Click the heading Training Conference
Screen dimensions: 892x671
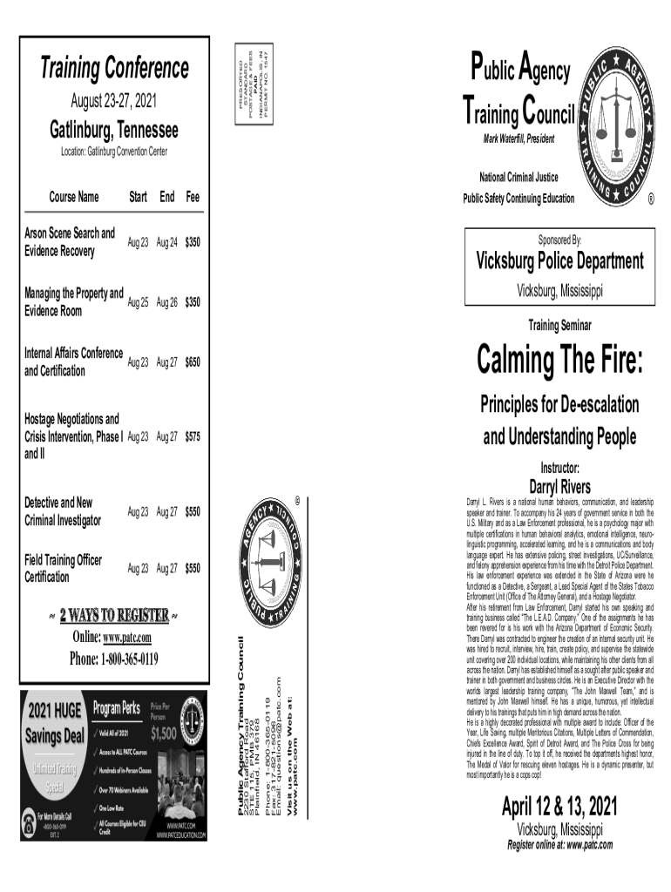tap(115, 67)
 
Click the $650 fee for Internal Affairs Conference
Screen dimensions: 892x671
tap(192, 362)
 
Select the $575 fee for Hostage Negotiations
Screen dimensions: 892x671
tap(192, 436)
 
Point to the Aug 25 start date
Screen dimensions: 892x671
tap(139, 302)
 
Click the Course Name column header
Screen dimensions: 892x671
tap(74, 198)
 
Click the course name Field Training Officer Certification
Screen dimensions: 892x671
tap(63, 568)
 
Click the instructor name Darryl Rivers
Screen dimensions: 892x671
tap(559, 486)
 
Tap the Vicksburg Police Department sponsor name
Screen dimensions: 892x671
tap(559, 261)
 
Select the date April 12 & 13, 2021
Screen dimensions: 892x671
tap(559, 807)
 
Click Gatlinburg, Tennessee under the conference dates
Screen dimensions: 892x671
tap(113, 131)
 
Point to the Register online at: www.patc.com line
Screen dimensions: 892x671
tap(559, 844)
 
